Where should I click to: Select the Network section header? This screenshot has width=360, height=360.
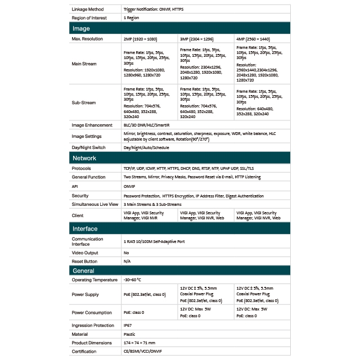(85, 158)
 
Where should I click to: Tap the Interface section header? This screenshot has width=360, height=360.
(85, 228)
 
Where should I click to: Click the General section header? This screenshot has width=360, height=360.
(83, 271)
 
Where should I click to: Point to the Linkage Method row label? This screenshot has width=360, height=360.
(89, 9)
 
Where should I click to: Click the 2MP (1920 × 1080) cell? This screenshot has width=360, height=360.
(140, 39)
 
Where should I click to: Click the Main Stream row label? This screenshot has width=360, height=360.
(84, 64)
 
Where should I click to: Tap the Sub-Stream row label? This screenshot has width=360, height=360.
(83, 103)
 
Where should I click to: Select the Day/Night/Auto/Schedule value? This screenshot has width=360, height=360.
(146, 147)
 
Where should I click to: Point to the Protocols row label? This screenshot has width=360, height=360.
(82, 168)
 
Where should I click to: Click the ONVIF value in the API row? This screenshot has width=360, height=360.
(129, 186)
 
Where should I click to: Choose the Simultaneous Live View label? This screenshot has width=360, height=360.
(94, 204)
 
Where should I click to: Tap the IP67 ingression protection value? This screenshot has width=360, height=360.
(127, 325)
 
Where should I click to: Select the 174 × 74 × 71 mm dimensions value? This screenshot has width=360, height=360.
(139, 343)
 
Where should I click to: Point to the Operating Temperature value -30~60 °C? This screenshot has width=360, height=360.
(133, 280)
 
